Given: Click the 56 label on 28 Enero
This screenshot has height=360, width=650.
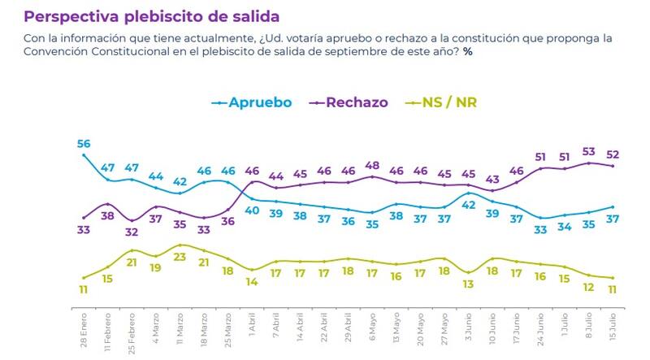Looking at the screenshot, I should [83, 144].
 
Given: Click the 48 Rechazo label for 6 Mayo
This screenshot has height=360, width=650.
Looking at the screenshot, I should [372, 165].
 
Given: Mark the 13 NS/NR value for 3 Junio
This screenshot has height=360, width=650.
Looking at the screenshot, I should [468, 284].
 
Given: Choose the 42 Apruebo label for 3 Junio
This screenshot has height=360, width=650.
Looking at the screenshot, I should [468, 205].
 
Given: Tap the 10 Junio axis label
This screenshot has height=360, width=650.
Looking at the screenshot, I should [492, 327].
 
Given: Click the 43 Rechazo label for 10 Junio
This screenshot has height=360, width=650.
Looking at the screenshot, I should [492, 180].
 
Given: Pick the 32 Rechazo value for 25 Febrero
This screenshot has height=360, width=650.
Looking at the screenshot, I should [131, 232].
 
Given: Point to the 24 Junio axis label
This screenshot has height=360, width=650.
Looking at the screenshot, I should [540, 327].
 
